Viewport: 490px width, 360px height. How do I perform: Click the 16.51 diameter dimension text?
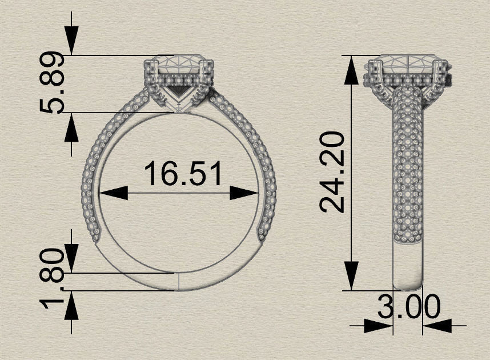(x=182, y=174)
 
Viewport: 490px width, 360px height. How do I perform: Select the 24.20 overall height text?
(x=332, y=171)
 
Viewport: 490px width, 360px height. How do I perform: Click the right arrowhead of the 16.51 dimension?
(x=245, y=194)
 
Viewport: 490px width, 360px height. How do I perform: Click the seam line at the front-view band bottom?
(x=178, y=281)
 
